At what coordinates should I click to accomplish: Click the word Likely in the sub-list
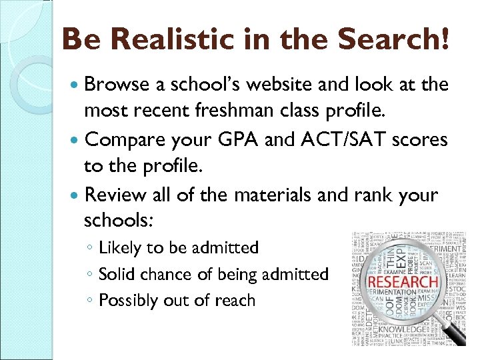[x=120, y=248]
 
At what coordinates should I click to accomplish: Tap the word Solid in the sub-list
[x=117, y=274]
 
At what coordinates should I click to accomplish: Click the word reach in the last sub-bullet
[x=234, y=301]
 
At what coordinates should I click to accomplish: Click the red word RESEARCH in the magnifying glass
[x=403, y=282]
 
